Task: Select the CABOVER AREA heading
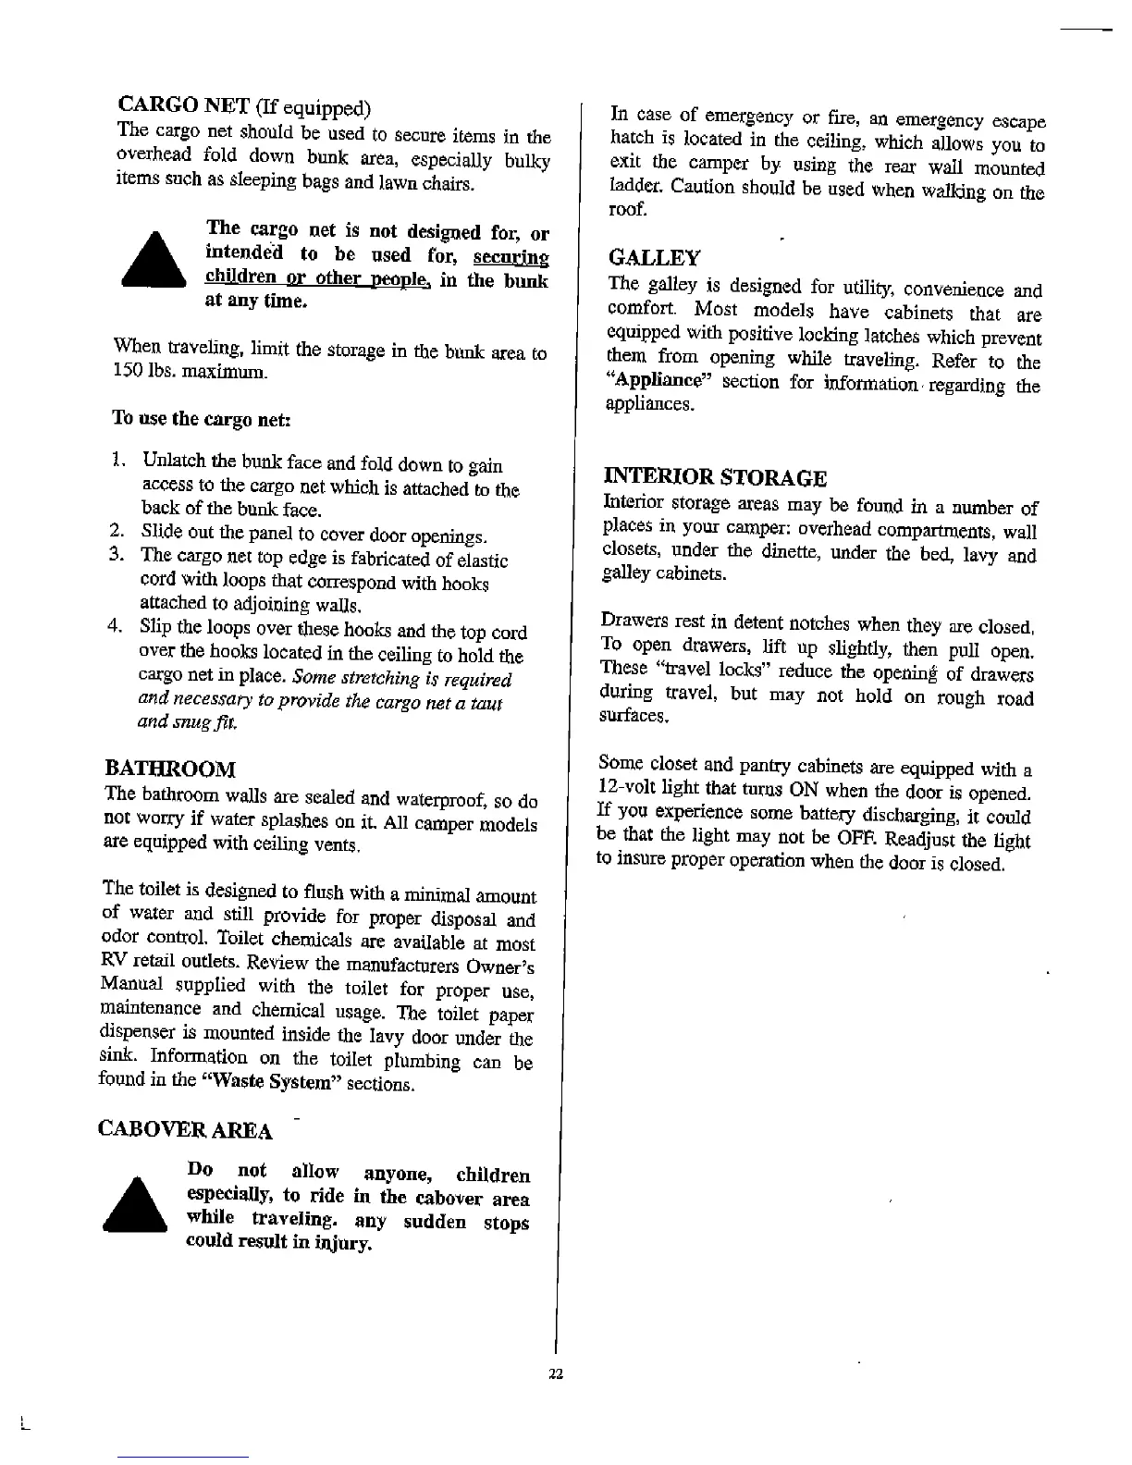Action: tap(185, 1130)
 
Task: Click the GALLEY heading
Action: tap(654, 258)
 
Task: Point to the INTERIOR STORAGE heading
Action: tap(714, 478)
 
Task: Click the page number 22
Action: tap(555, 1373)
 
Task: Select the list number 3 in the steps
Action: tap(117, 555)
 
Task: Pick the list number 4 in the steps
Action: tap(117, 627)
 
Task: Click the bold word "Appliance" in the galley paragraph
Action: tap(658, 381)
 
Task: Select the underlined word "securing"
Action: tap(511, 256)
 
